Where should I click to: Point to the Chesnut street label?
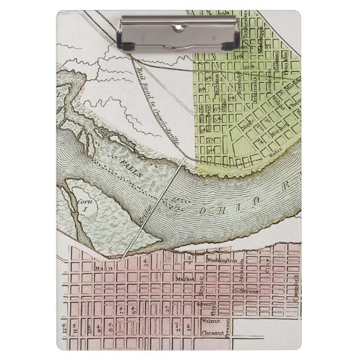tap(215, 334)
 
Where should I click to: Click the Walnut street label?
tap(213, 323)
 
